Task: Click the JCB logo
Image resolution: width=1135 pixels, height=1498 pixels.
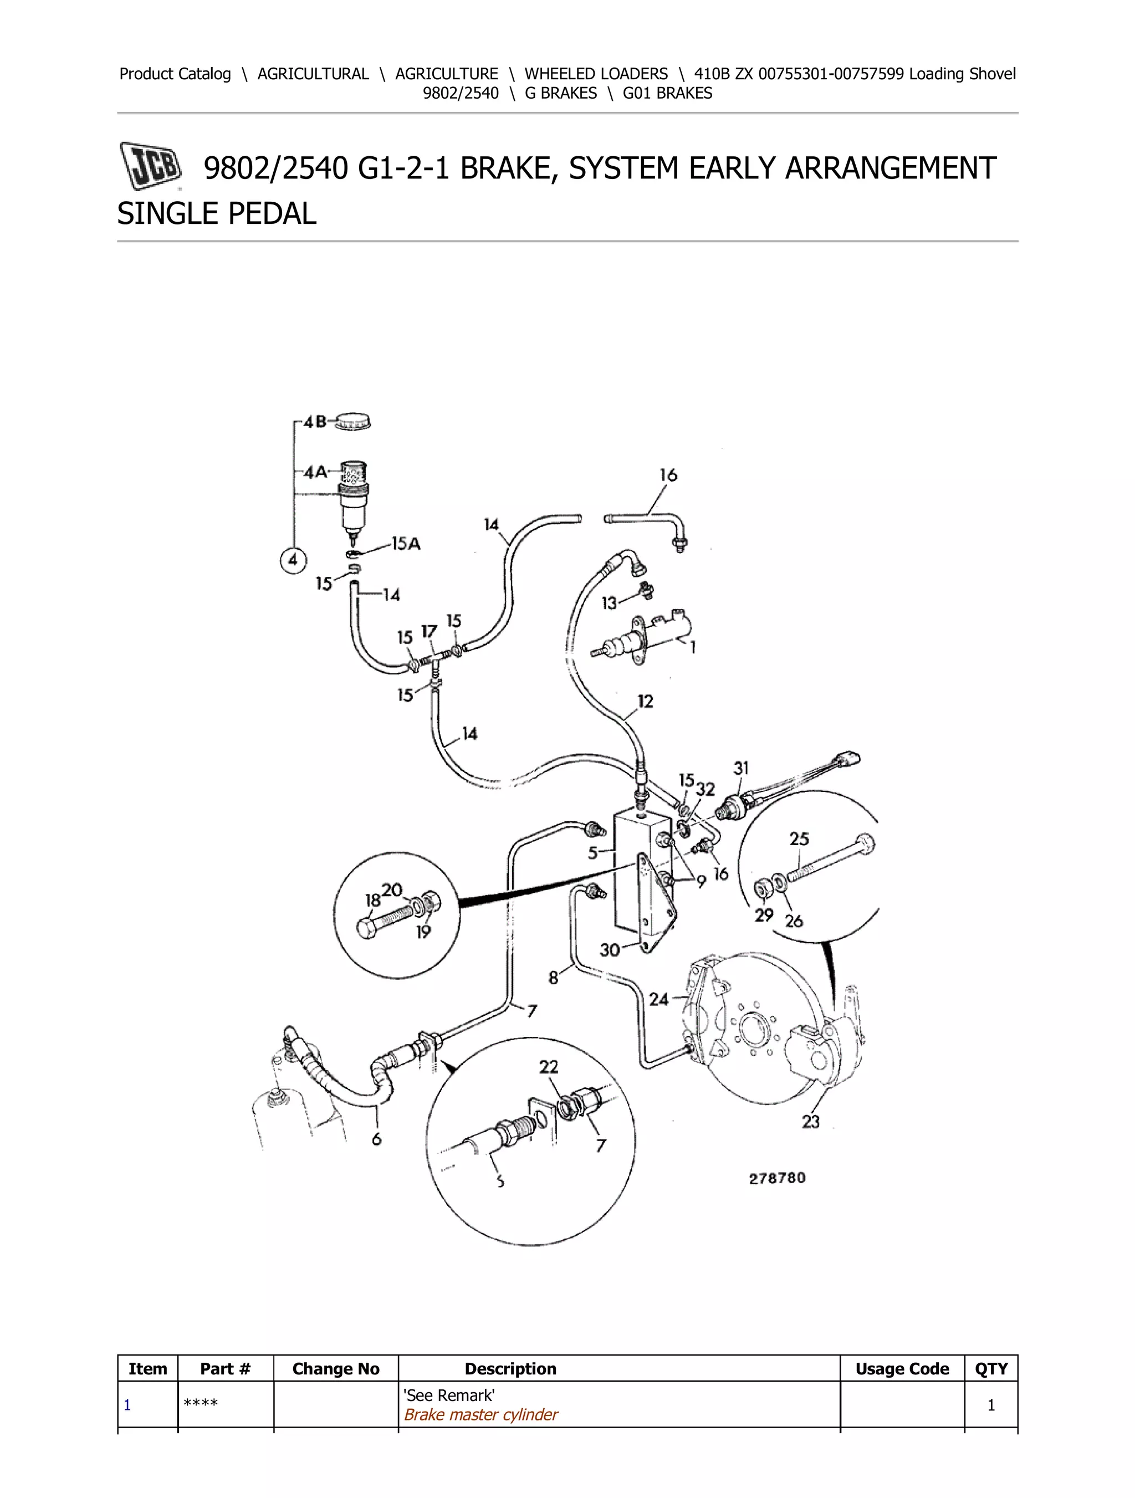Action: tap(150, 165)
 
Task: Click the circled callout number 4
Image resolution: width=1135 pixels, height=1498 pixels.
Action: tap(293, 560)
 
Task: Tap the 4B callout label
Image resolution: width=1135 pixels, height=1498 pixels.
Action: tap(315, 423)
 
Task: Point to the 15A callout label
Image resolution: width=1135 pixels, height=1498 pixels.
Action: tap(406, 544)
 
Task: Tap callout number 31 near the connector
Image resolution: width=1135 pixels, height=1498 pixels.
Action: tap(741, 768)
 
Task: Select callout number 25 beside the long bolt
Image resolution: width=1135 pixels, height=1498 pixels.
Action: tap(799, 839)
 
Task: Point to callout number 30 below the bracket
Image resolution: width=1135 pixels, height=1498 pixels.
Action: tap(610, 949)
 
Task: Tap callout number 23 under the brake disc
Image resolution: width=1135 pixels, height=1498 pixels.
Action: tap(811, 1122)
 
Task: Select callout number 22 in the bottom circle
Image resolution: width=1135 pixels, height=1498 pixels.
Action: tap(549, 1067)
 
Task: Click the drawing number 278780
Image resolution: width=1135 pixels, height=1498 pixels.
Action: tap(777, 1178)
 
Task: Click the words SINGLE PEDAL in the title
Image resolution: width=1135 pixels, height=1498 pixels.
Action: tap(217, 214)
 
